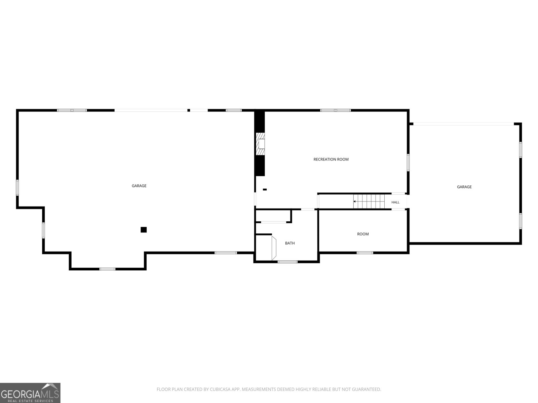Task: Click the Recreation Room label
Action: point(331,159)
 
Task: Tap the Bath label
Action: point(290,243)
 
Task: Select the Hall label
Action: point(395,202)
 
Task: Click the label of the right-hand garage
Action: point(464,187)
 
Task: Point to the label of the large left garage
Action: point(139,186)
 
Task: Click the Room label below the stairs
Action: point(363,234)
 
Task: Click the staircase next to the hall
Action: point(369,201)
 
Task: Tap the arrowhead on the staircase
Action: point(354,201)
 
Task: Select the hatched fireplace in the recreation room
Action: point(260,144)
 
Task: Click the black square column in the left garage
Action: point(144,229)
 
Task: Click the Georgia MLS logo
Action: point(30,393)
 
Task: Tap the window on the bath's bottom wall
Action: point(287,262)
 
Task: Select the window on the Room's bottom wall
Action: point(365,253)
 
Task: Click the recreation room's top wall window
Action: point(335,110)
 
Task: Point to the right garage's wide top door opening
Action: point(463,124)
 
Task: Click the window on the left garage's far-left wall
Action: point(17,188)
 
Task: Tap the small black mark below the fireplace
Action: point(265,189)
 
